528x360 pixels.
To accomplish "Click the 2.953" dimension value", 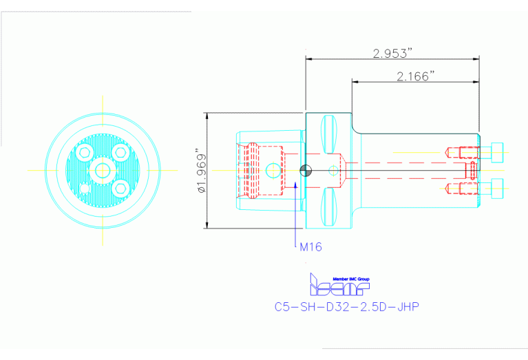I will pos(392,52).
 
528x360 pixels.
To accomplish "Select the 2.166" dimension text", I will pos(415,76).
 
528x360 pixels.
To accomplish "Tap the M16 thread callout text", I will pos(310,246).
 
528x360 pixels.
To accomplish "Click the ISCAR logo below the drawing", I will pos(339,284).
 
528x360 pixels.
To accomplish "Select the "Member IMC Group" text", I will pos(351,278).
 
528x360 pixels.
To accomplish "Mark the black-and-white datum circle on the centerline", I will pos(306,170).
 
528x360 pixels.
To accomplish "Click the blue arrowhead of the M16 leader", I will pos(296,184).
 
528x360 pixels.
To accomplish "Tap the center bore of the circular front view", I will pos(102,170).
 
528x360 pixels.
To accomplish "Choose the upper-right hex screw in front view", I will pos(120,151).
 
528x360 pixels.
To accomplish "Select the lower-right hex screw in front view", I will pos(120,188).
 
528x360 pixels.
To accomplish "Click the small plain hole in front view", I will pos(84,187).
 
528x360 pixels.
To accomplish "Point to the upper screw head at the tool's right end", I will pos(496,150).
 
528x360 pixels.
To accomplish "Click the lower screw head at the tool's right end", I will pos(496,187).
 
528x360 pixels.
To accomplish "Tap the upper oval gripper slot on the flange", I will pos(328,132).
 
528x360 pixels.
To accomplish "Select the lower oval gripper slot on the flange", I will pos(328,209).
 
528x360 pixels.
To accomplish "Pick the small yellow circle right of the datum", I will pos(334,170).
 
